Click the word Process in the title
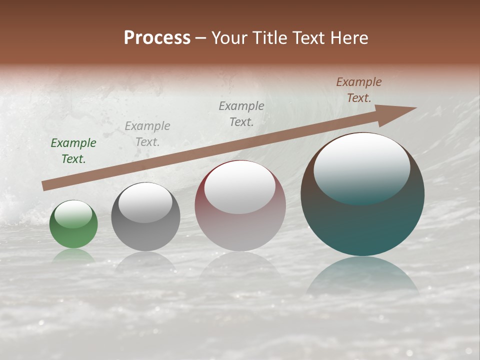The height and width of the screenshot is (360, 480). (157, 38)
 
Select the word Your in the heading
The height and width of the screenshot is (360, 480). (230, 38)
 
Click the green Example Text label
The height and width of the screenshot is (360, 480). (73, 151)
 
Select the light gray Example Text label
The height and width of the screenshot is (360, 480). (147, 134)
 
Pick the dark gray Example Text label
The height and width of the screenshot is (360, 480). (241, 113)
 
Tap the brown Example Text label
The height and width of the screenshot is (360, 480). (359, 90)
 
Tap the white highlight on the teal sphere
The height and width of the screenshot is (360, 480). (361, 167)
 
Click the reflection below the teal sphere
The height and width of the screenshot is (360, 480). (362, 277)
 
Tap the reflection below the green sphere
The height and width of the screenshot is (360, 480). (73, 256)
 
